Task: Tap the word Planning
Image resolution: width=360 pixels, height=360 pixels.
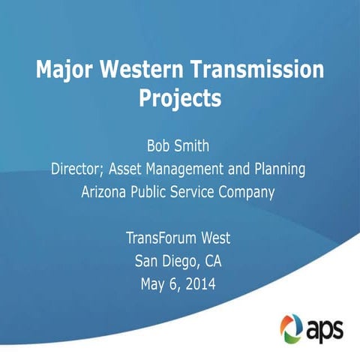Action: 277,169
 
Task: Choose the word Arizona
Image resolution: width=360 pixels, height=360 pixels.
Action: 106,192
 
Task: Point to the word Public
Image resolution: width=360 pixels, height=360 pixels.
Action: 155,192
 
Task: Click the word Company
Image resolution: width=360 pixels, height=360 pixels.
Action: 247,192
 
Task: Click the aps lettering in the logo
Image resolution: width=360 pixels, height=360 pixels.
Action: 325,328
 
